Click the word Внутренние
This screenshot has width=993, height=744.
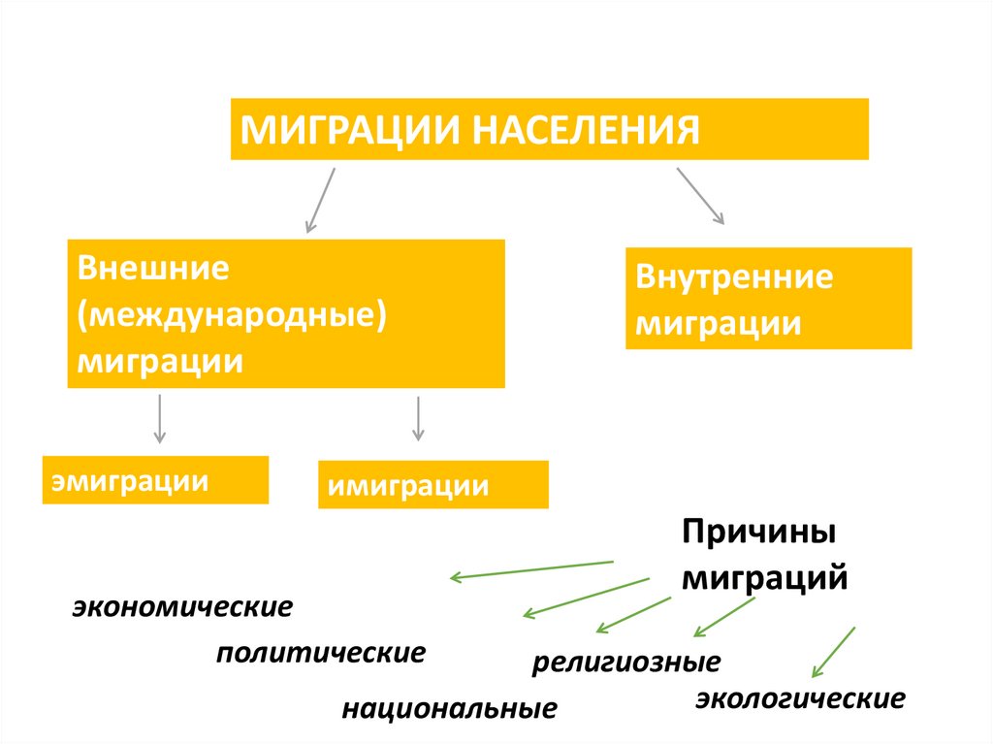coord(734,277)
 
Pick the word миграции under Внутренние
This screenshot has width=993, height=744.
coord(719,323)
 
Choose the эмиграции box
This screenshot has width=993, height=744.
coord(155,480)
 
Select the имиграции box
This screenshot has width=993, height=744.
coord(432,484)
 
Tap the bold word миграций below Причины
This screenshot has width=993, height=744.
coord(765,578)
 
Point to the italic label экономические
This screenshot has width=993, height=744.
coord(181,608)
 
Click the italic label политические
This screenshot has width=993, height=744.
coord(320,652)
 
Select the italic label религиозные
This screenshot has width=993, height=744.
coord(625,663)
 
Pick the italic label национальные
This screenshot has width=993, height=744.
coord(449,708)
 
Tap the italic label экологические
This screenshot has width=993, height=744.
coord(800,698)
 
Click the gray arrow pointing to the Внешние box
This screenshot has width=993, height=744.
coord(320,200)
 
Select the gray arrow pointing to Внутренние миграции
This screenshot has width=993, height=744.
coord(700,196)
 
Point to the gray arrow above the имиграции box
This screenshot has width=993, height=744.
coord(418,418)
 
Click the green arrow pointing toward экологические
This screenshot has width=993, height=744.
coord(833,652)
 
